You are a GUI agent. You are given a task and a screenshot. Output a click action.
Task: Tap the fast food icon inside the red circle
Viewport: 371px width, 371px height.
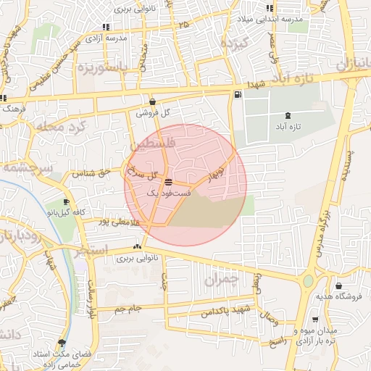point(168,182)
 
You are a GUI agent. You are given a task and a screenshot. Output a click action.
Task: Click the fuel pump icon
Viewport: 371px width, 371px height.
point(237,95)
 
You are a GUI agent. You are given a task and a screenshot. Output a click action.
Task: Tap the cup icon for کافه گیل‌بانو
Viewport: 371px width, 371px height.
point(67,202)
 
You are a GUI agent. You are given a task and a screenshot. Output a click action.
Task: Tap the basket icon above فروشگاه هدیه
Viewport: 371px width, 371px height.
point(338,286)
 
